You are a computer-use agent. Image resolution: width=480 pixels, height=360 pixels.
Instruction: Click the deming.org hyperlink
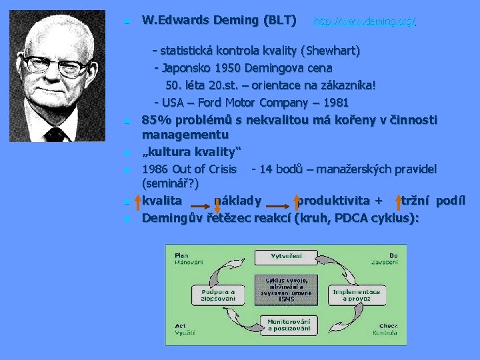pyautogui.click(x=365, y=22)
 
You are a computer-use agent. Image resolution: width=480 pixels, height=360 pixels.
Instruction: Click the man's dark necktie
pyautogui.click(x=57, y=134)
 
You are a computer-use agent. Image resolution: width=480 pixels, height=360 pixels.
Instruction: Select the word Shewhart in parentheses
pyautogui.click(x=331, y=51)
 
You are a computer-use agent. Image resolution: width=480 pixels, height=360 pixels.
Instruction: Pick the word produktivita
pyautogui.click(x=334, y=201)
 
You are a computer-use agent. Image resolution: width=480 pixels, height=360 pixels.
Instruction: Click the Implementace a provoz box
pyautogui.click(x=356, y=295)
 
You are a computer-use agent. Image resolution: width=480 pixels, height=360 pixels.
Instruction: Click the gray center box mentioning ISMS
pyautogui.click(x=287, y=289)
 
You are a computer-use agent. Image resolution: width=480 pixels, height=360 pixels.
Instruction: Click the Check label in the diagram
pyautogui.click(x=388, y=326)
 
